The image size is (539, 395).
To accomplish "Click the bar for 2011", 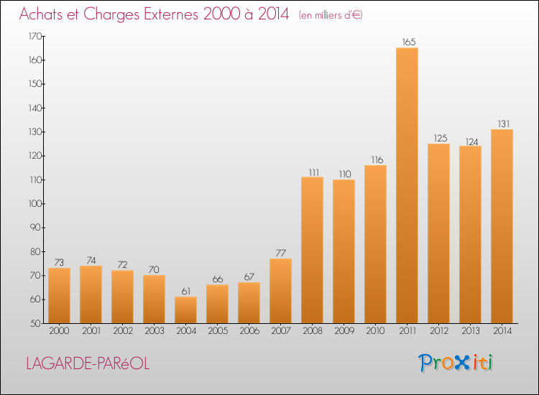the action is (407, 185).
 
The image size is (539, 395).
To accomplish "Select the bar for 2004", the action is (185, 310).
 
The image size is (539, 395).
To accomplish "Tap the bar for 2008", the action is (312, 250).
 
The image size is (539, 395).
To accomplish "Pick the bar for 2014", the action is (502, 226).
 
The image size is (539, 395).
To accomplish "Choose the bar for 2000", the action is (59, 296).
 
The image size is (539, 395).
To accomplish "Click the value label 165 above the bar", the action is (409, 42).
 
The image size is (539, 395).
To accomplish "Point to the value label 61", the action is (186, 292).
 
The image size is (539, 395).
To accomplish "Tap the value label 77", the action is (281, 253).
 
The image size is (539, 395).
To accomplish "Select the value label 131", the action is (504, 124).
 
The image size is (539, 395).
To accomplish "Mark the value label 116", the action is (377, 159).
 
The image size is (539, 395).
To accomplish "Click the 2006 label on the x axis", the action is (249, 331).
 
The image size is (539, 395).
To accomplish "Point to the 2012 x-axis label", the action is (439, 331).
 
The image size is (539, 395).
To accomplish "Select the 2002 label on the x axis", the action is (123, 331).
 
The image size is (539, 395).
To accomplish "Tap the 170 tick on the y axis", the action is (35, 36).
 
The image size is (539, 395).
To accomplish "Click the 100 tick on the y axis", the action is (35, 204).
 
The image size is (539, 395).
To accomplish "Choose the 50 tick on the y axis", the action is (37, 324).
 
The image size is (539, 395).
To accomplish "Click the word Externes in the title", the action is (171, 14).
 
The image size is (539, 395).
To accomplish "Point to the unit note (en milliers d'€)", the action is (331, 15).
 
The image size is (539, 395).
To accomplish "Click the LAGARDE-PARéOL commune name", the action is (88, 363).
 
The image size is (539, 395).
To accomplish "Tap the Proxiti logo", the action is (455, 363).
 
